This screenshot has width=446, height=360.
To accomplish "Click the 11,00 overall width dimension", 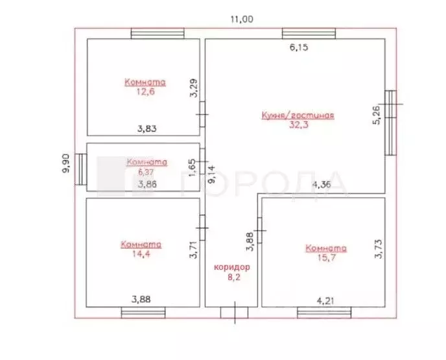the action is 242,19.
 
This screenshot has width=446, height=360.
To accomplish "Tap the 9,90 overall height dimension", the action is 65,163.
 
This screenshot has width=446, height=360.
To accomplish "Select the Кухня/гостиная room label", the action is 298,115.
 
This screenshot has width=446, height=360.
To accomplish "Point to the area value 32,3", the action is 299,125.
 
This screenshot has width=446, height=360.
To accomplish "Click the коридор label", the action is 232,267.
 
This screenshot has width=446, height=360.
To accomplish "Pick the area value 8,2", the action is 234,277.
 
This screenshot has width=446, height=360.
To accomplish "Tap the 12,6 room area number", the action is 145,91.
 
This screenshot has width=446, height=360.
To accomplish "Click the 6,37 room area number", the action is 145,172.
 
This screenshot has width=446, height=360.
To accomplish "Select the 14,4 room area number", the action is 141,254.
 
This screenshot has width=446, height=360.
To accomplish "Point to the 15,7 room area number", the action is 326,258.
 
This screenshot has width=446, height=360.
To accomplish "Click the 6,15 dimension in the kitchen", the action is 299,47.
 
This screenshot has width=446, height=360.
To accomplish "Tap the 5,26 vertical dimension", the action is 376,115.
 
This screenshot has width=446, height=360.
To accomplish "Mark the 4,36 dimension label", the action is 322,184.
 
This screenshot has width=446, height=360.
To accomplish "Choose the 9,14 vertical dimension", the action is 213,174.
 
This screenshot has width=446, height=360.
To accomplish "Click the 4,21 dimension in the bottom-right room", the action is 325,300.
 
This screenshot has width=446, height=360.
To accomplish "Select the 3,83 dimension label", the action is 147,128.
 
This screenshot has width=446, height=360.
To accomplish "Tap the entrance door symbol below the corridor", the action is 235,313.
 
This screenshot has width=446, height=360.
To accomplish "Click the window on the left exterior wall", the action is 81,169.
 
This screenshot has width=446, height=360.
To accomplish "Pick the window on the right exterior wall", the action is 391,123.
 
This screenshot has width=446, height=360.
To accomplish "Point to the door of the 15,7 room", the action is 260,230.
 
